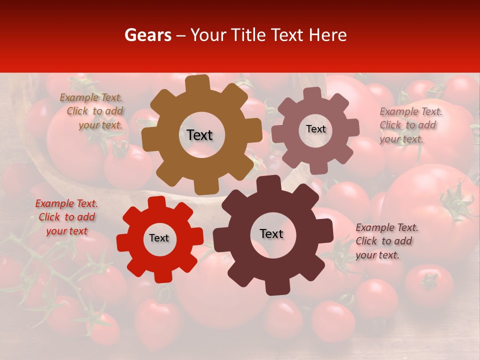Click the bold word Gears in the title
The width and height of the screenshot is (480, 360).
pos(147,35)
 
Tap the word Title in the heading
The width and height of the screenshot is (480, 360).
pos(248,35)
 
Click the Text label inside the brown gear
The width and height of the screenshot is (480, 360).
pos(199,135)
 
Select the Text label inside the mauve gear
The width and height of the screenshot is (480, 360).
pos(315,129)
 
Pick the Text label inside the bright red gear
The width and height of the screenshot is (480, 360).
pos(159,238)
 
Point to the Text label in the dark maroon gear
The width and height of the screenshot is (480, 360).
pos(271,233)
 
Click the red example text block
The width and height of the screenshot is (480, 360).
pos(66,217)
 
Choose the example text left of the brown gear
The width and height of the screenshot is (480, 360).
pos(92,111)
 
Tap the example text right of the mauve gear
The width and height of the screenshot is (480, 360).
pos(410,125)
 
